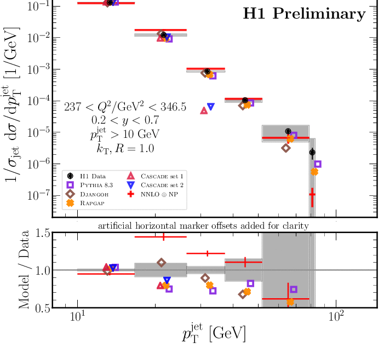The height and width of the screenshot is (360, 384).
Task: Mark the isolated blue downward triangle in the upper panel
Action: [211, 107]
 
